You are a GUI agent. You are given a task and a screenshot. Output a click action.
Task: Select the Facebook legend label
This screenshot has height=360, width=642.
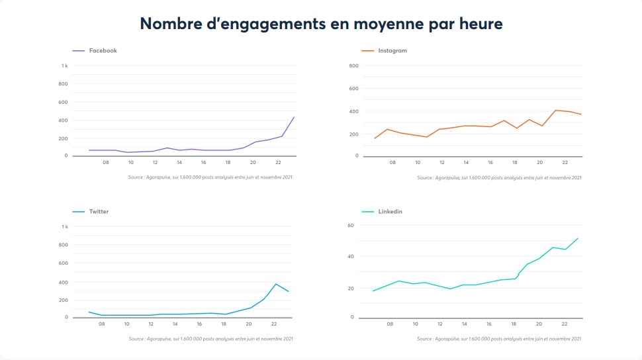click(x=103, y=50)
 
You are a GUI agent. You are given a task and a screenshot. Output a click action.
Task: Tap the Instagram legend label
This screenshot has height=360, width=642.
click(x=392, y=50)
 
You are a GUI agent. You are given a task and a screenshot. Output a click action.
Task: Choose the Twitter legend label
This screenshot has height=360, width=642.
click(x=99, y=212)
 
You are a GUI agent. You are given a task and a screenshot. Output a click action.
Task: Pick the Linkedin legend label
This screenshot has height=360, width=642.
click(x=390, y=212)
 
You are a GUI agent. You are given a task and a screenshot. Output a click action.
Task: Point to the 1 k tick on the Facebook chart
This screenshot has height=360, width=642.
click(x=65, y=66)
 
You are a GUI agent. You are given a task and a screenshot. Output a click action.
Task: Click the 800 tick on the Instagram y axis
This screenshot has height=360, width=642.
click(x=353, y=66)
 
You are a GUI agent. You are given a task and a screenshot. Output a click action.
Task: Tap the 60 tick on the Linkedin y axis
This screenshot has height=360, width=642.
click(x=351, y=226)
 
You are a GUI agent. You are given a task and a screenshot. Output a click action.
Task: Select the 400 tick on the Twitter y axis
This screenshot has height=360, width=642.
click(x=64, y=283)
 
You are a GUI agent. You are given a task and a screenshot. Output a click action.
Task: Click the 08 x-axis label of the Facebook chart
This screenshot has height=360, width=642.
click(x=106, y=162)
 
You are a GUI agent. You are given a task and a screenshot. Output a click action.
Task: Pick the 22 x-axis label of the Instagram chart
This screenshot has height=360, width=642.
click(x=565, y=162)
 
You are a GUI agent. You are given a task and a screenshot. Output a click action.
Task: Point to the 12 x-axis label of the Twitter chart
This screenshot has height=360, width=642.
click(x=151, y=324)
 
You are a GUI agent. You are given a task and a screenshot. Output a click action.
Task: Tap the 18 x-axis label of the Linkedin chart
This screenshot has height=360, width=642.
click(x=515, y=324)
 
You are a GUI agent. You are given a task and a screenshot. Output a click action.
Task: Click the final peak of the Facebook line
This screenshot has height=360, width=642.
click(x=294, y=117)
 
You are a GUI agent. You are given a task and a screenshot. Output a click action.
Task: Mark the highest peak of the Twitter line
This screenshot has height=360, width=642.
click(x=276, y=284)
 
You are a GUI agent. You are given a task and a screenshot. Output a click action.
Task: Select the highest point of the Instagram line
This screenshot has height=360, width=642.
click(x=556, y=110)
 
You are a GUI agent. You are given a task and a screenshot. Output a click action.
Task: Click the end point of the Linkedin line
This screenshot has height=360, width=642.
click(x=578, y=238)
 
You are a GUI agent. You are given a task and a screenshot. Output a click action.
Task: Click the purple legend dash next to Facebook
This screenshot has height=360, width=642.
click(x=79, y=50)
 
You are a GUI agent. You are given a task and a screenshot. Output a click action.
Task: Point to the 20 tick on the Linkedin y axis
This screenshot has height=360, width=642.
click(x=351, y=289)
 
